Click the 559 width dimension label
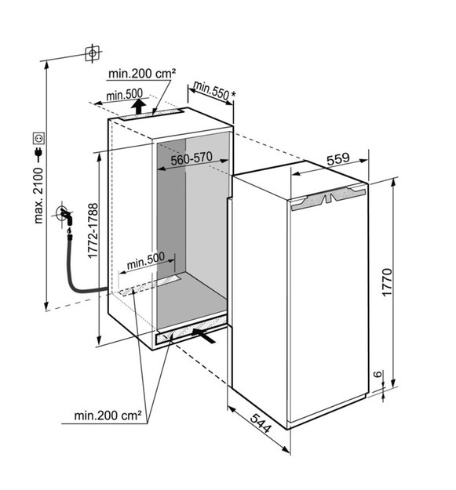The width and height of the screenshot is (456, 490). pos(337,158)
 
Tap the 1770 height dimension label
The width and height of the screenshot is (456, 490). pos(387,282)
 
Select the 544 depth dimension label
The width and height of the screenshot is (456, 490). pos(260,423)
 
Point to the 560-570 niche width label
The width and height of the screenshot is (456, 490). pos(192,158)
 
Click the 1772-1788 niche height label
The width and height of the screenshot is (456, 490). pos(93,230)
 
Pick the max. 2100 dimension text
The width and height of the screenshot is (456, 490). pos(38,196)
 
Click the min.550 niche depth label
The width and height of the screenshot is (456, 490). pos(211,90)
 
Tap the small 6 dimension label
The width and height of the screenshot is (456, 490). pos(378,374)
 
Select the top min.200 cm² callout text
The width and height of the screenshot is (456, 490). pos(142,74)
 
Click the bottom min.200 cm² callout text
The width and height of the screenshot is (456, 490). pos(108,416)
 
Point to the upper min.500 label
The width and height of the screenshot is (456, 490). pos(125,94)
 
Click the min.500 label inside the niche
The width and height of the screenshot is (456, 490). pos(146,261)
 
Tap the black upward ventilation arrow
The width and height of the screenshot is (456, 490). pos(138,107)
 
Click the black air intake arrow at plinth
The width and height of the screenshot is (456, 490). pos(203,336)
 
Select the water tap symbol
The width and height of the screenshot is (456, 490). pos(65,216)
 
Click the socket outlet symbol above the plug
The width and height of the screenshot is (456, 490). pos(39,138)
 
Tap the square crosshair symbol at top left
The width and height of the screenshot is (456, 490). pos(93,53)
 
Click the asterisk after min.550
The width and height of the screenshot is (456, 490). pos(232,93)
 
